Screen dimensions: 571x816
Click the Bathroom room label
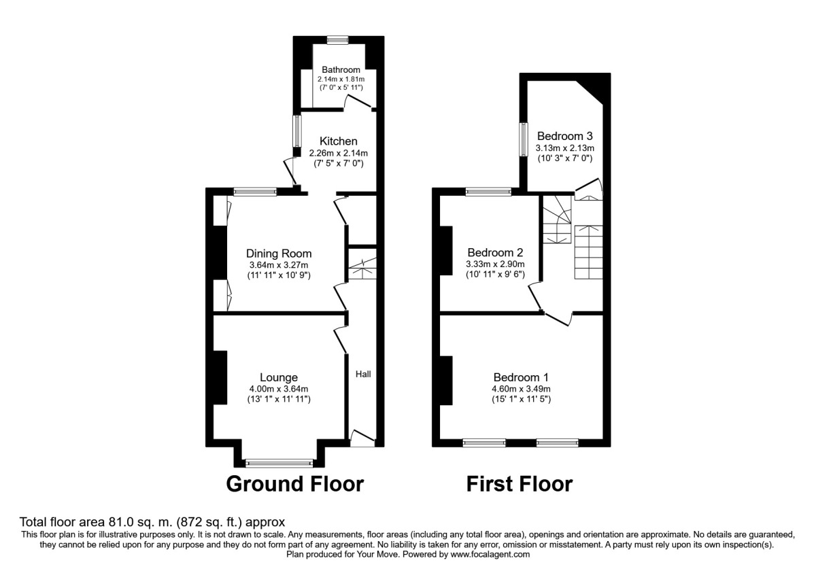341,69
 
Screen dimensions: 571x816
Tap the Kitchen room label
339,141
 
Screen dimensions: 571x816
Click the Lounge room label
279,377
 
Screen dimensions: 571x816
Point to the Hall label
363,374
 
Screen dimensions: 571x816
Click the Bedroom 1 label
522,377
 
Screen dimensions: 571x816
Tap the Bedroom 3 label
565,135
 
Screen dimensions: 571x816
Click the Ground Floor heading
294,484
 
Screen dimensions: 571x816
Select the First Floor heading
520,484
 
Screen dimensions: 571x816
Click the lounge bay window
279,464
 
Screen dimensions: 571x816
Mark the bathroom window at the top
337,39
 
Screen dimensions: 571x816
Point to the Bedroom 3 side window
523,139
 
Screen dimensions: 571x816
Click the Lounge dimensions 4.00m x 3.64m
279,389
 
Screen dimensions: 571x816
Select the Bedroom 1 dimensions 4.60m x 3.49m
522,389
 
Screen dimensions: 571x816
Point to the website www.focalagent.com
483,554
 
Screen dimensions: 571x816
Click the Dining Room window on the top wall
256,192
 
